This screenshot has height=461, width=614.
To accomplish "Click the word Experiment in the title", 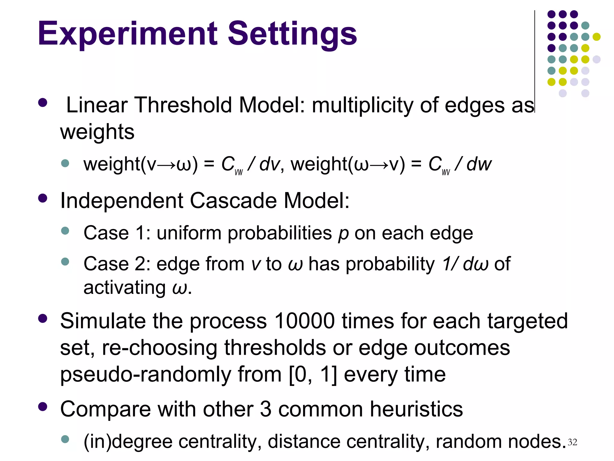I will coord(127,34).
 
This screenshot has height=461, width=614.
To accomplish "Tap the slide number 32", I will coord(572,442).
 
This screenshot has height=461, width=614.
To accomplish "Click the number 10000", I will coord(304,321).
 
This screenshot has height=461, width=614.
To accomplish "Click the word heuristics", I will coord(416,409).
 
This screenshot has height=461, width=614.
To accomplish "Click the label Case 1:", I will coord(117,233).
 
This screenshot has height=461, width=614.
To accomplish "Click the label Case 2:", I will coord(117,264).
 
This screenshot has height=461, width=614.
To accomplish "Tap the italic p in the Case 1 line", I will coord(343,234).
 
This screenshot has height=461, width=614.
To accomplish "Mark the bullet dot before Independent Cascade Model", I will coord(43,198).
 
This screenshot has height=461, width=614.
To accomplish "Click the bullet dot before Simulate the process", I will coord(43,318).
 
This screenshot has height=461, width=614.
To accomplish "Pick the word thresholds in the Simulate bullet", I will coord(275,348).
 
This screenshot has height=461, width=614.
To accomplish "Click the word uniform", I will coord(189,233).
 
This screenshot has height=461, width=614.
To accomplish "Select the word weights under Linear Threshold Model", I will coord(97,132).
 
